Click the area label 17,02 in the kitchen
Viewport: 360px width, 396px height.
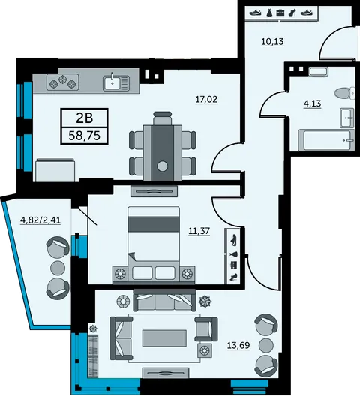[x=206, y=99]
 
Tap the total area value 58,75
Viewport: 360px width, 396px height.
[x=85, y=136]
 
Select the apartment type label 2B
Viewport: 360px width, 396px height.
[x=85, y=118]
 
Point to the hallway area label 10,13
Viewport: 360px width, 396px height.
[x=272, y=42]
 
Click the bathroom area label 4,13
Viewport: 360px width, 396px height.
[x=312, y=103]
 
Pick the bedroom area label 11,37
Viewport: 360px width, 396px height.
[x=199, y=231]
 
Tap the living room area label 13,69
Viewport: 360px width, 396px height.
[x=238, y=345]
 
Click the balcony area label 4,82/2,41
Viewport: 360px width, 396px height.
[x=40, y=220]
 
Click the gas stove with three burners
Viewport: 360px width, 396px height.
[x=63, y=82]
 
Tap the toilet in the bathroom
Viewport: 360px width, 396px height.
[x=344, y=93]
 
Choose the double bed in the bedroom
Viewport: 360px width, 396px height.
[x=154, y=243]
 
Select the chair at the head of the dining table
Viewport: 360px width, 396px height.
[x=163, y=118]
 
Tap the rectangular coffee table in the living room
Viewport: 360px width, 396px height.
[x=164, y=338]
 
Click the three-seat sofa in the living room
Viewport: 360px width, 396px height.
[x=164, y=300]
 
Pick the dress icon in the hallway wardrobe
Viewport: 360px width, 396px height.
[x=268, y=13]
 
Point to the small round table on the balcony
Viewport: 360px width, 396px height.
[x=58, y=268]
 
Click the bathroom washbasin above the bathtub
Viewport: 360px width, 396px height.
[x=346, y=118]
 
